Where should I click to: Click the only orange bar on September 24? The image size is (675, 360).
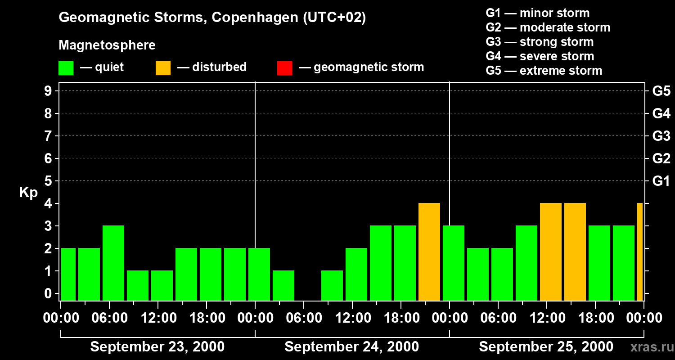click(429, 252)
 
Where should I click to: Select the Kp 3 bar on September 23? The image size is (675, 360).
click(113, 263)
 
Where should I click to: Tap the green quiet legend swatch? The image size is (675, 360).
click(66, 68)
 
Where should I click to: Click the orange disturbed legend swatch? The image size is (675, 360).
click(163, 68)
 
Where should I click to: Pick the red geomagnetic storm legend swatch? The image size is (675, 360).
click(284, 68)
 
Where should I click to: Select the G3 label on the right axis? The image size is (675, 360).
click(661, 136)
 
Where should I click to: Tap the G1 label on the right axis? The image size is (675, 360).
click(661, 181)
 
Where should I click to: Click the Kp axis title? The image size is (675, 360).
click(28, 193)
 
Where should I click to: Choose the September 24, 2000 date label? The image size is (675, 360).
click(351, 347)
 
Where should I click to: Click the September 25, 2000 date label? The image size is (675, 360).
click(545, 347)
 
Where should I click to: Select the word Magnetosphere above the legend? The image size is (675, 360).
click(107, 45)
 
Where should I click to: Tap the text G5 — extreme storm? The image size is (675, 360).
click(544, 71)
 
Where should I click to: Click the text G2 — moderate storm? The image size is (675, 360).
click(548, 27)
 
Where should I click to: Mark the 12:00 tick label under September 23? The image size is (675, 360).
click(159, 318)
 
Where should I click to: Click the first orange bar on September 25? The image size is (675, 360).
click(550, 252)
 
